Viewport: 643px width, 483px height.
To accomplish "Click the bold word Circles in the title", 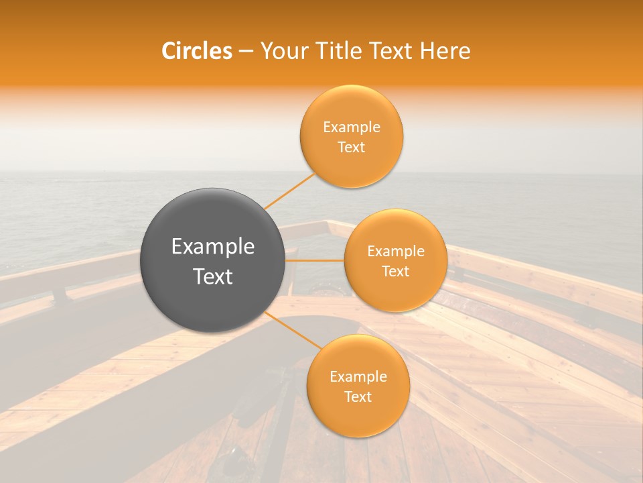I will [197, 51].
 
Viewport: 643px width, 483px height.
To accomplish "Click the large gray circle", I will [213, 260].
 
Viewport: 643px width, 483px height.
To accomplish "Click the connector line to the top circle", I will [289, 191].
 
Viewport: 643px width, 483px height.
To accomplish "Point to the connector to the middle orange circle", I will [315, 260].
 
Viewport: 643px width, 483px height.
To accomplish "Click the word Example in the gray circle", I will [213, 247].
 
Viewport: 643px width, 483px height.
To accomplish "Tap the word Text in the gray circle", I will [213, 276].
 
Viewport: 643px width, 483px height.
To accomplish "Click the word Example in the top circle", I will [352, 127].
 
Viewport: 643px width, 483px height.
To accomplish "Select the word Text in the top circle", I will [352, 147].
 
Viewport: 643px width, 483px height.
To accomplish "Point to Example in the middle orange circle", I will [396, 252].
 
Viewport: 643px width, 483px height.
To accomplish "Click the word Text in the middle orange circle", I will [396, 271].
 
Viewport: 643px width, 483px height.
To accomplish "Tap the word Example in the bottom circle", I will [358, 377].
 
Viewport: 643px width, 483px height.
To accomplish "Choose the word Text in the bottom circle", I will [358, 396].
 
